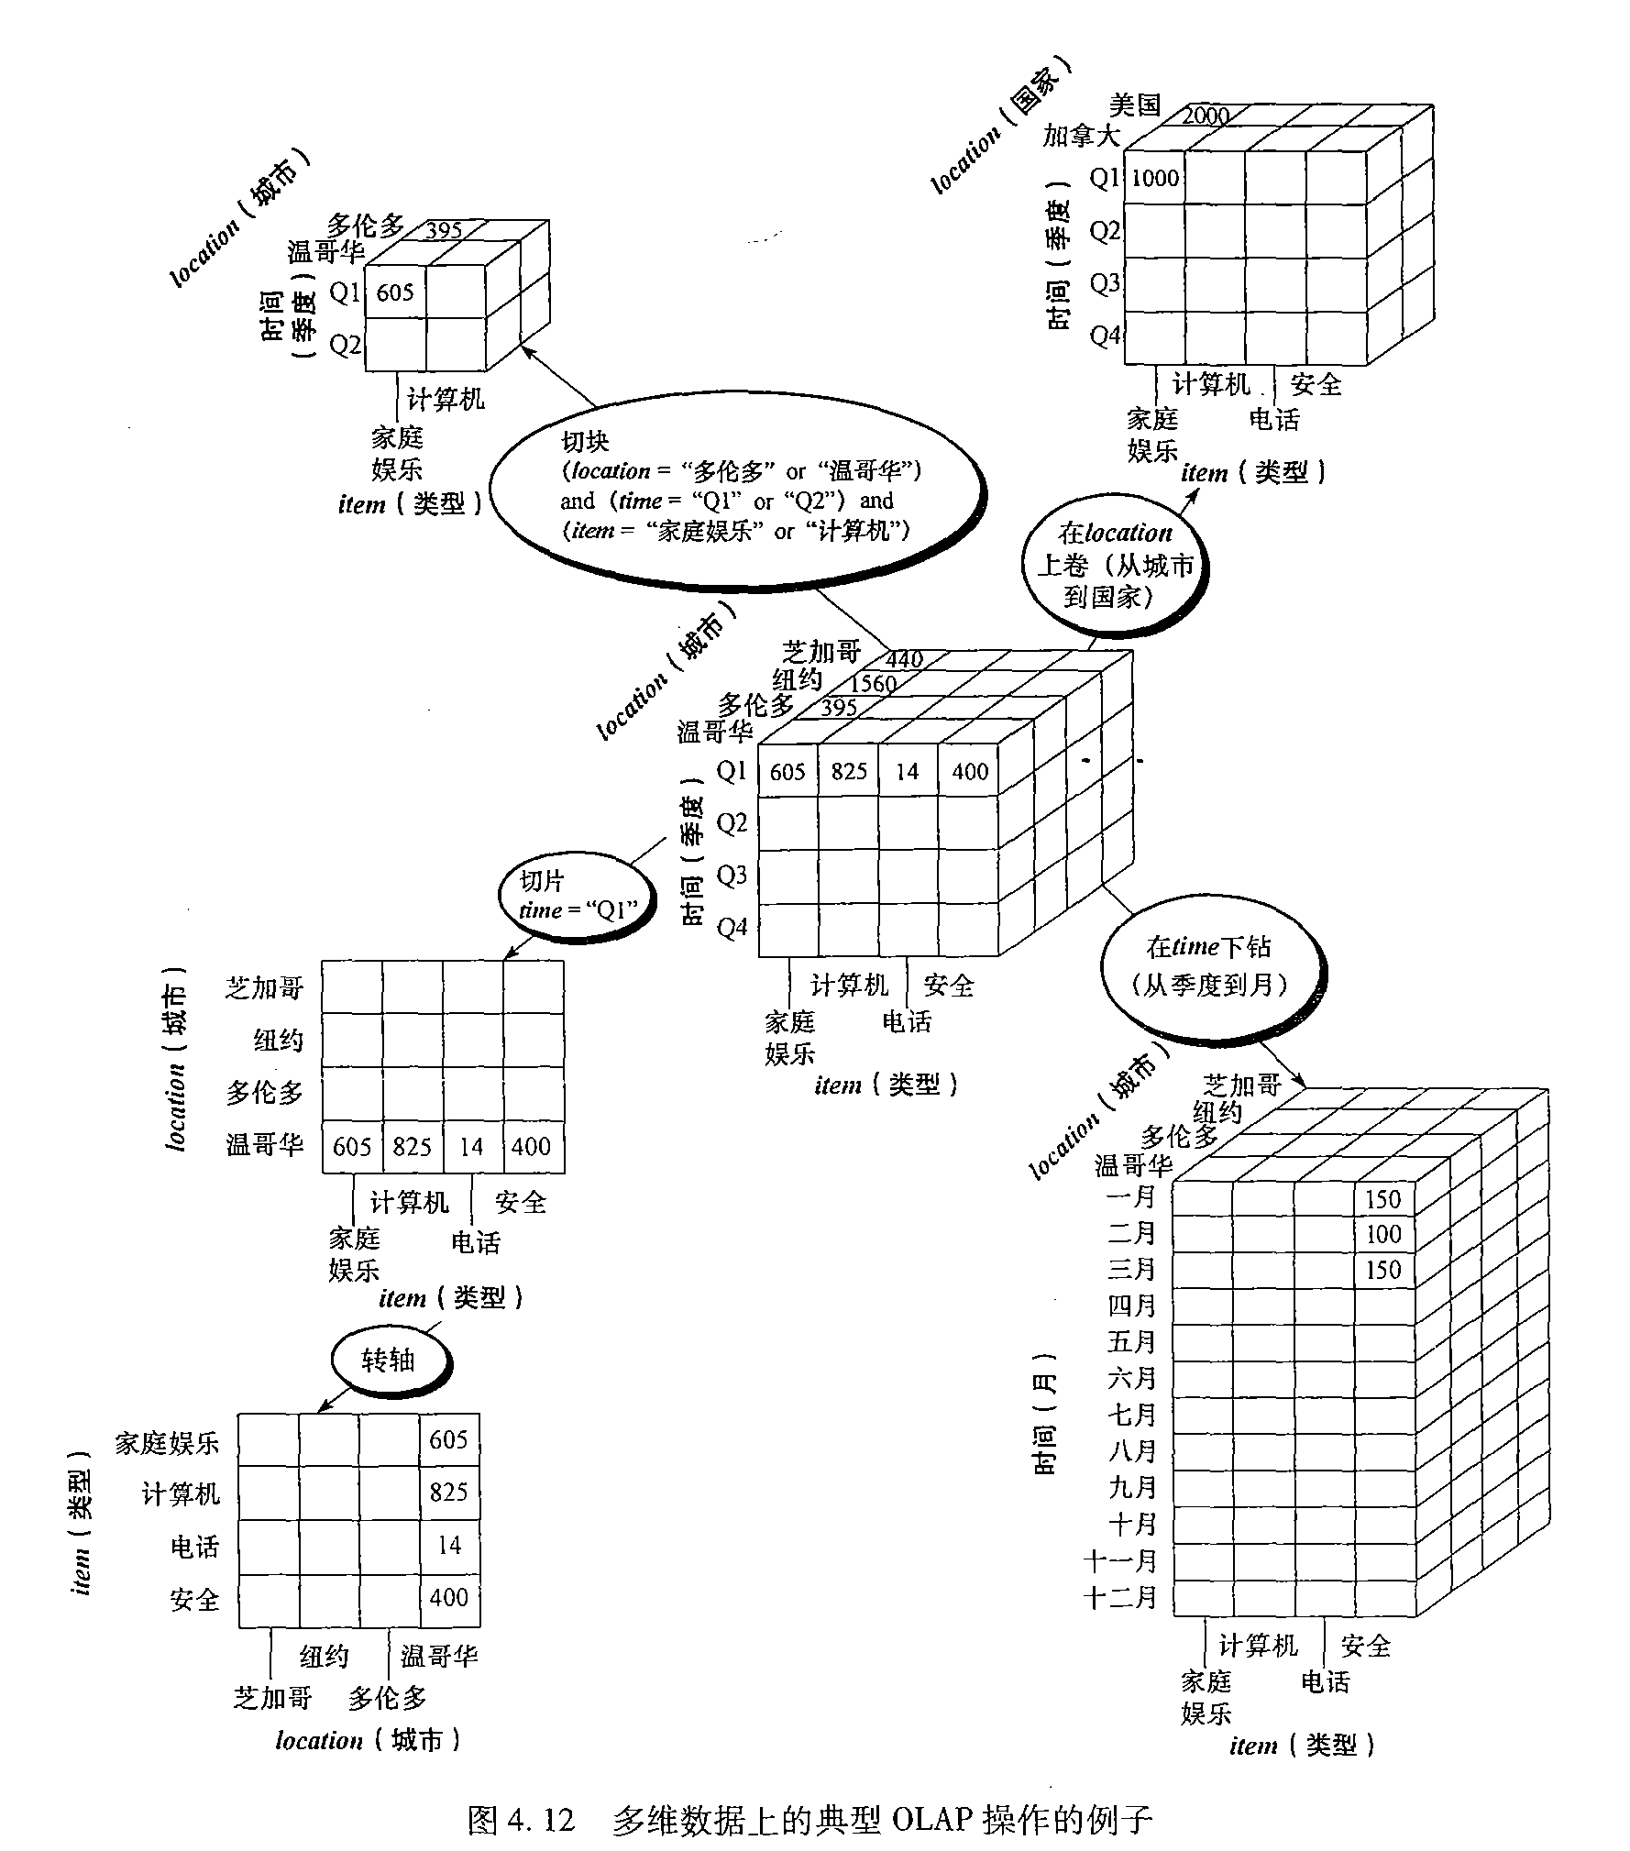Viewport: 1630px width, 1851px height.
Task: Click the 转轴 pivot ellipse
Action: point(390,1361)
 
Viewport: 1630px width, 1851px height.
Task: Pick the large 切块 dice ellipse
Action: point(738,501)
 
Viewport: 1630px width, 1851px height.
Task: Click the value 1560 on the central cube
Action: point(873,684)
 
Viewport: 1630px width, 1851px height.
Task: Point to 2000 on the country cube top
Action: point(1206,116)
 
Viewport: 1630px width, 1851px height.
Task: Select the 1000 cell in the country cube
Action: point(1154,179)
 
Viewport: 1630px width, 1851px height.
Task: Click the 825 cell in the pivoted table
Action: point(449,1493)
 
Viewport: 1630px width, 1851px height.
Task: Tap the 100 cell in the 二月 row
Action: point(1383,1234)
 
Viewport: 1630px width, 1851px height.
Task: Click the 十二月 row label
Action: point(1120,1598)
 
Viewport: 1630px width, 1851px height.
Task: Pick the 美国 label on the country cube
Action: point(1135,105)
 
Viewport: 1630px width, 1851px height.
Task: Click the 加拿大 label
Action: point(1082,137)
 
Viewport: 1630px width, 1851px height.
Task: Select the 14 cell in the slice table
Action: point(471,1147)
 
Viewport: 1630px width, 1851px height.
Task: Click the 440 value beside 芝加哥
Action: point(904,659)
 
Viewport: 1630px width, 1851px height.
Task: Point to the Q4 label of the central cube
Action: point(732,928)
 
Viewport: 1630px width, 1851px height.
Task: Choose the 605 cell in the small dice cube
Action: point(395,292)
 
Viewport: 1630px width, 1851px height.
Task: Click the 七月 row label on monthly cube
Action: point(1132,1416)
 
